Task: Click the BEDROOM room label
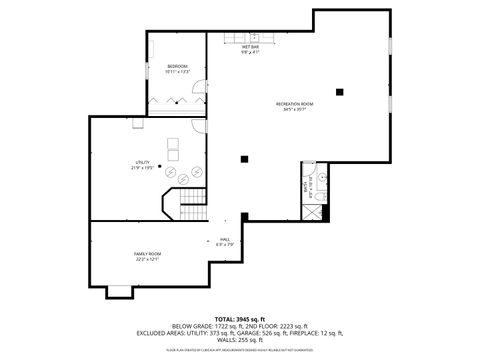pos(177,67)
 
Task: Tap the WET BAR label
pos(250,47)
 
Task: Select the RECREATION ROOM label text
pos(295,104)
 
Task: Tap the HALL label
pos(226,239)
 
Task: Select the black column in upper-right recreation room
pos(341,92)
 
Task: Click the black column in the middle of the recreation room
pos(244,157)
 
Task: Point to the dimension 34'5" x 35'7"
pos(295,110)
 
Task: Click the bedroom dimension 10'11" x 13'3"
pos(177,73)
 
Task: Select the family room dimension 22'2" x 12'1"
pos(148,260)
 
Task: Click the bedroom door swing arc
pos(198,98)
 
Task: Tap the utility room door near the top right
pos(198,126)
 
